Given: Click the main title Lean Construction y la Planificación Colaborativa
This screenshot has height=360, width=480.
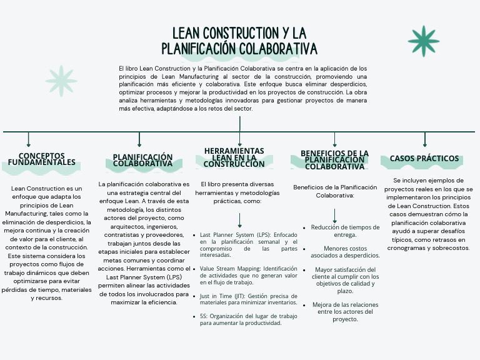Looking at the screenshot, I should click(239, 41).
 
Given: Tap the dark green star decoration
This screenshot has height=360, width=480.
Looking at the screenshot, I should click(424, 40).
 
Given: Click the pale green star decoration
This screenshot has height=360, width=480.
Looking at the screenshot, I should click(61, 81).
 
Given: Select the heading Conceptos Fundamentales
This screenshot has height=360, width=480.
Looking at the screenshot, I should click(42, 159).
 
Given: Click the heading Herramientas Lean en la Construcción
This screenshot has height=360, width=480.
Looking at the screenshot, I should click(234, 157).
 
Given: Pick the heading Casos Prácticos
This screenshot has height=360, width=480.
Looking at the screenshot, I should click(424, 159).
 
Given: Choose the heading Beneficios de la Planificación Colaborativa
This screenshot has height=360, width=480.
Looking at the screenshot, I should click(334, 160).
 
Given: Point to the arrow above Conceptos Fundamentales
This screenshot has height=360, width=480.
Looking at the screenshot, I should click(29, 139).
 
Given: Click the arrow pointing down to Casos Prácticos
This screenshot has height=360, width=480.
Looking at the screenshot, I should click(425, 139).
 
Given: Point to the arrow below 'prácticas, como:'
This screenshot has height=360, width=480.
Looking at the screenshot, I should click(240, 221).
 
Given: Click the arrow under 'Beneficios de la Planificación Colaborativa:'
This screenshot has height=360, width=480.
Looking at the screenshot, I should click(335, 216).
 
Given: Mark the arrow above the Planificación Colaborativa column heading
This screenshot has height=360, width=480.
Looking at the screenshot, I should click(139, 139).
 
